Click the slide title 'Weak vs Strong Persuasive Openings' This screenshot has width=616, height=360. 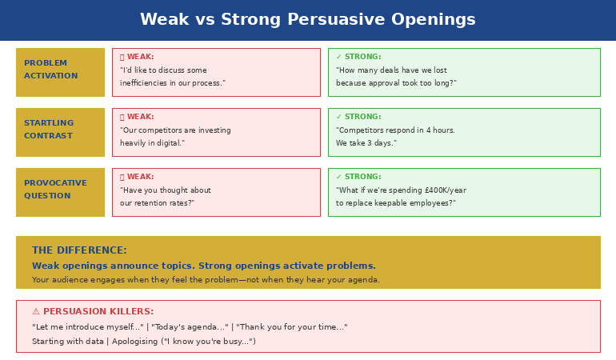[307, 20]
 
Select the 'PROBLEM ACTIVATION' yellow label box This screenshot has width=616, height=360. [60, 72]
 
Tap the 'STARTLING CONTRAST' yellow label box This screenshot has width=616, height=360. [60, 132]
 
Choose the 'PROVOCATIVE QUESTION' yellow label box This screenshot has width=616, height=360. [60, 192]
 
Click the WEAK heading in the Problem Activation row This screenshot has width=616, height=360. [140, 57]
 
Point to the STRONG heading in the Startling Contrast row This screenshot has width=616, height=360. [362, 117]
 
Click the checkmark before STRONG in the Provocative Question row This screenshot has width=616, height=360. [338, 177]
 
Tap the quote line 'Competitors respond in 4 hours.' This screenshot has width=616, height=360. [395, 130]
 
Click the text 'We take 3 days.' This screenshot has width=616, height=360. [366, 143]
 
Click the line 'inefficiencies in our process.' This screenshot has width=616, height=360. [172, 83]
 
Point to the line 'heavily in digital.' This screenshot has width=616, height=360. [152, 143]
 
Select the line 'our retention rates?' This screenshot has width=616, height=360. [157, 203]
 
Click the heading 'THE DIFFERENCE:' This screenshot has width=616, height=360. [79, 250]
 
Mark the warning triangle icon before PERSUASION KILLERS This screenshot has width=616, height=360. [36, 312]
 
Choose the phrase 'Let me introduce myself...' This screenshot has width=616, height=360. [87, 327]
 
